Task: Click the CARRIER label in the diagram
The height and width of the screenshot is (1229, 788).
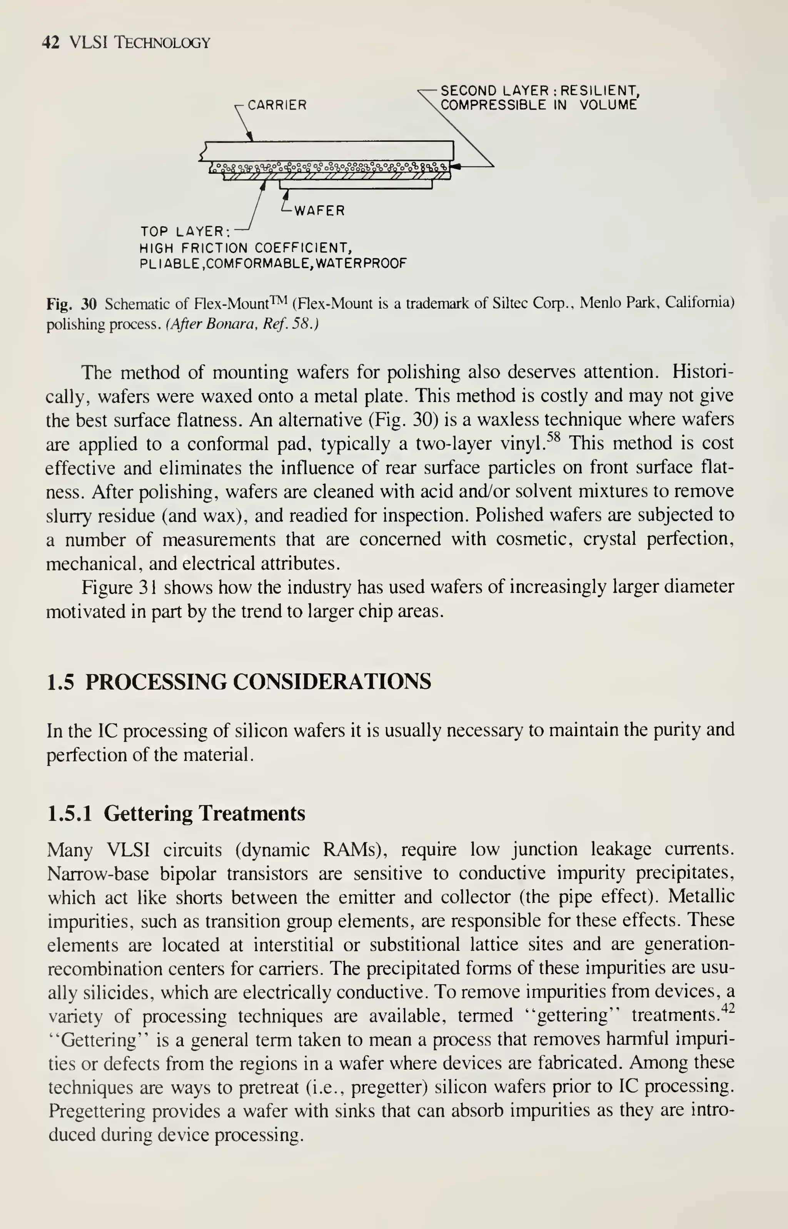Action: tap(277, 105)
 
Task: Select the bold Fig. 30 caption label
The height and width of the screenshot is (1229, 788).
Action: tap(72, 304)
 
